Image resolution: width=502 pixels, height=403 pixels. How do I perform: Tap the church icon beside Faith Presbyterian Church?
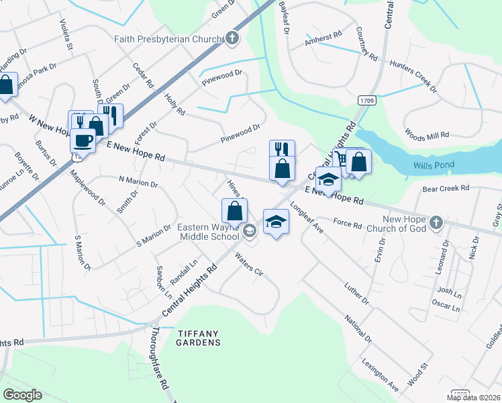[232, 38]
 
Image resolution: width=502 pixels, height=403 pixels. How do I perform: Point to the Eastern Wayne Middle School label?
[208, 232]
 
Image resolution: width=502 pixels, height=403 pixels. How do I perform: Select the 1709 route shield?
[366, 101]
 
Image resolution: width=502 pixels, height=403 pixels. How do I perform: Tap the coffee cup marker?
[83, 140]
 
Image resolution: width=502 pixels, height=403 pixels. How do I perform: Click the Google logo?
[22, 395]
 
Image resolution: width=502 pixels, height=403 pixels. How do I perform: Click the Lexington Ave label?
[379, 378]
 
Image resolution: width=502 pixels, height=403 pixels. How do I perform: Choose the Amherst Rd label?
[323, 40]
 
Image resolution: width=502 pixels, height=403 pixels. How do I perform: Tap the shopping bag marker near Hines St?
[235, 211]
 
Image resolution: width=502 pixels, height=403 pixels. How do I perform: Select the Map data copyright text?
[473, 398]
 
